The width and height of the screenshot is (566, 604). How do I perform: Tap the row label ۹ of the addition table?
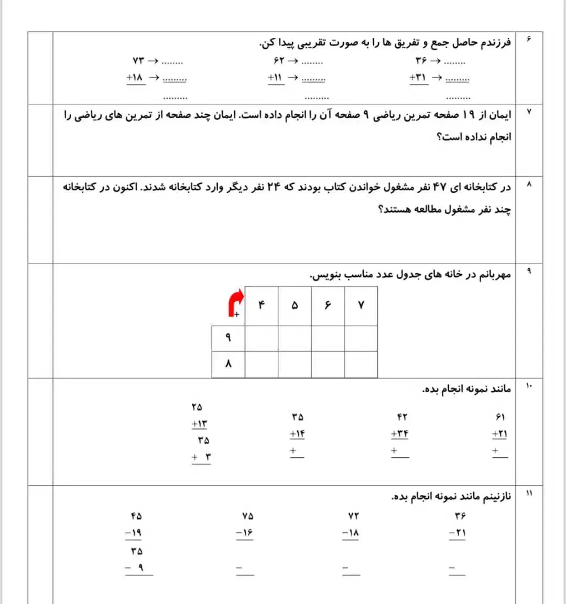(228, 338)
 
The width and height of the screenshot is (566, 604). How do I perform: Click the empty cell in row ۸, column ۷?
(361, 364)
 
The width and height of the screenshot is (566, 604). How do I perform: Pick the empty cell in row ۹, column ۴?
(262, 338)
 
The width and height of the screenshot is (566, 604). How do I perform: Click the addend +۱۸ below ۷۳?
(135, 78)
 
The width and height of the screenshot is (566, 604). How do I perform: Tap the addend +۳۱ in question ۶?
(418, 78)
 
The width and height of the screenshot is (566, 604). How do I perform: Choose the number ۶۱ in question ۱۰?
(500, 417)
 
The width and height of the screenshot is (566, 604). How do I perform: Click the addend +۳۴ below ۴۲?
(399, 434)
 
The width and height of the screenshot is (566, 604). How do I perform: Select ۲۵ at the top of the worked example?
(197, 407)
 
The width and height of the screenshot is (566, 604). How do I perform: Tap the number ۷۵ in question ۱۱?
(248, 516)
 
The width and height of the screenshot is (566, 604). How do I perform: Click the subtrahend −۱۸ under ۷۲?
(351, 533)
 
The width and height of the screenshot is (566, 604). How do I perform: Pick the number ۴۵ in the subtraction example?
(136, 516)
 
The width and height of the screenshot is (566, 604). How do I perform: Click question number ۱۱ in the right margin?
(529, 493)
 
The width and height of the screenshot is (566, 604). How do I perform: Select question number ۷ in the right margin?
(529, 112)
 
